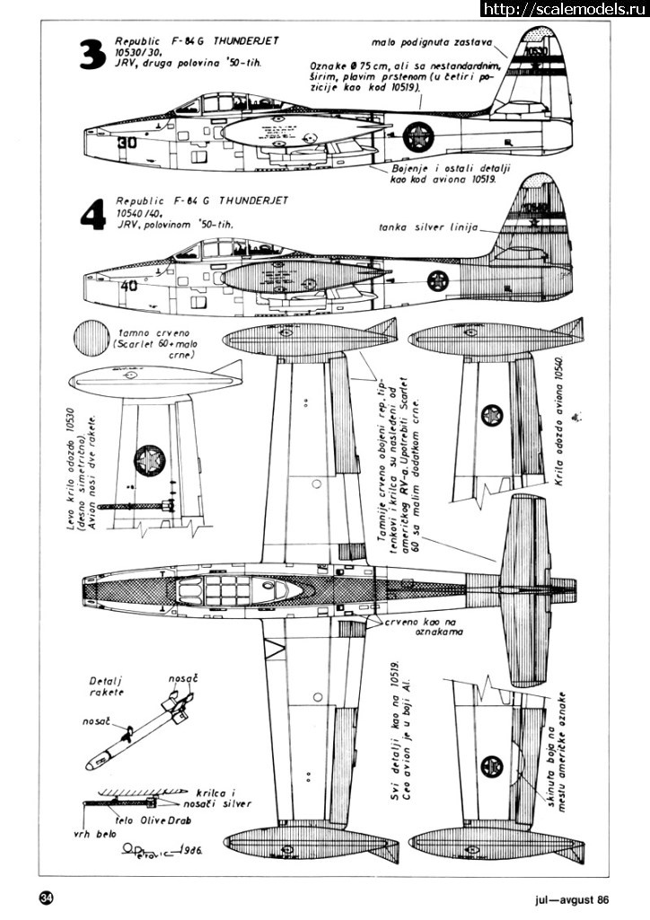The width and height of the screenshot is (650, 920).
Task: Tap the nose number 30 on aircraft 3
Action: click(x=126, y=141)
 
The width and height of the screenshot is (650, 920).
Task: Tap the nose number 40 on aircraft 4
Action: click(x=127, y=287)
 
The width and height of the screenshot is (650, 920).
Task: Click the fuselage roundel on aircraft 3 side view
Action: click(x=418, y=136)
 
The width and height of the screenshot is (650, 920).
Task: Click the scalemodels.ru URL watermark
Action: click(x=565, y=9)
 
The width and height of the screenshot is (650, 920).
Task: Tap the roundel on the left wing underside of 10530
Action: click(x=149, y=460)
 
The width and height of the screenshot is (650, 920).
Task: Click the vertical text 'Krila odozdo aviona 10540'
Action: click(x=558, y=422)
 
